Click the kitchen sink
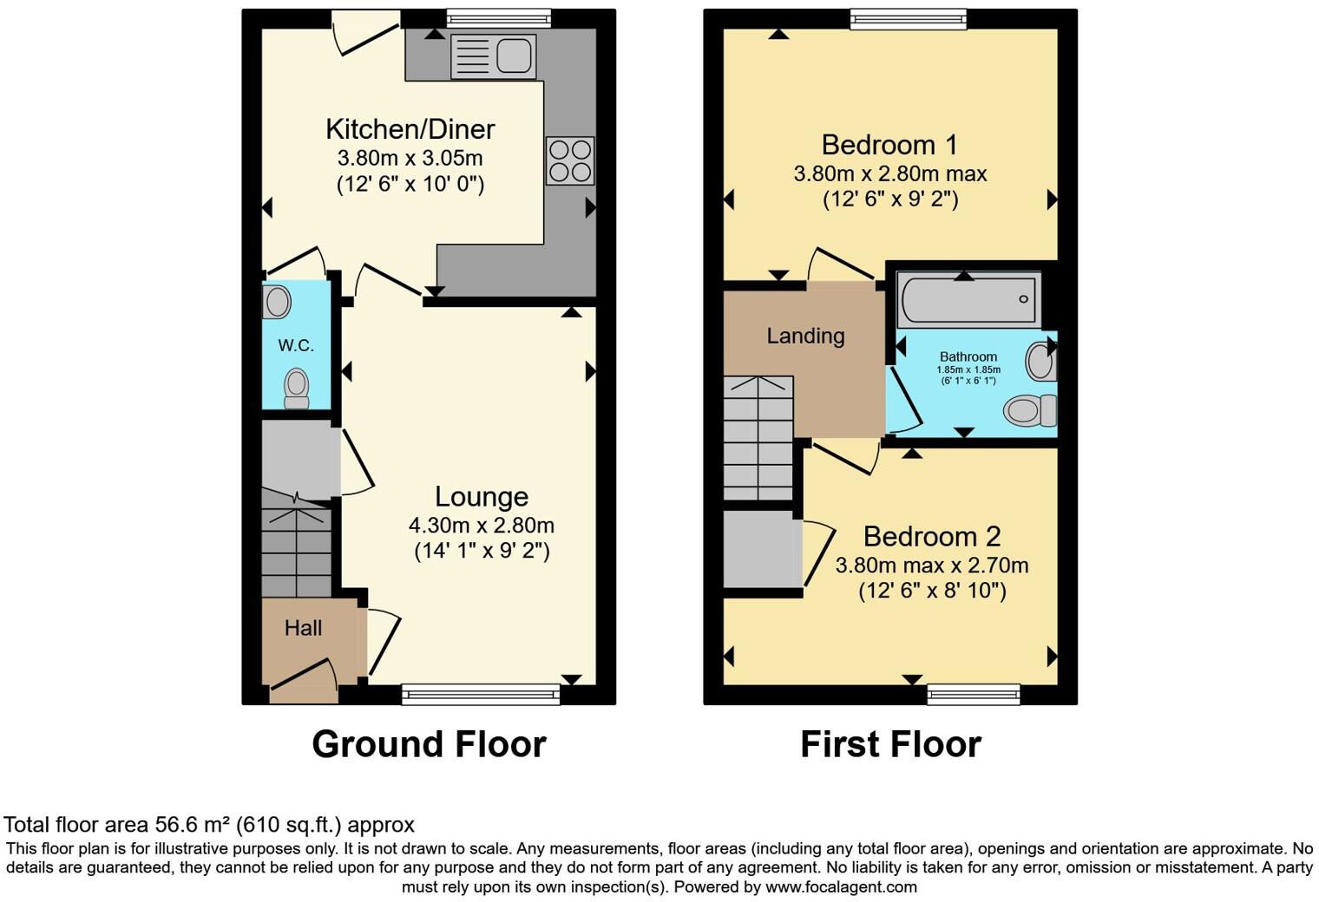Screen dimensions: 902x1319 (493, 56)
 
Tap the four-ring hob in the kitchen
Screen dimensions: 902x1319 (570, 160)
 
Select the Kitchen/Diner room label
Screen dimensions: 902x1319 (410, 129)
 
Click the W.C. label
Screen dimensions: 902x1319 (296, 345)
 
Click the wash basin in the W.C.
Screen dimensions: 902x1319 (277, 302)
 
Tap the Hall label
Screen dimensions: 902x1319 (303, 628)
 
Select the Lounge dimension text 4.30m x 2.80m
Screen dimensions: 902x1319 (481, 525)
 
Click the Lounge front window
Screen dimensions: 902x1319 (481, 692)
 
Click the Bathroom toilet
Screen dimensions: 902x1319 (1030, 409)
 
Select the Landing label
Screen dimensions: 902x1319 (805, 336)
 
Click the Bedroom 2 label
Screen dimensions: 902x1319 (931, 537)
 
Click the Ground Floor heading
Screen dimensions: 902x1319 (429, 744)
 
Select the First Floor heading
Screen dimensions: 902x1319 (890, 744)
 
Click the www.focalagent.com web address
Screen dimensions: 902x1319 (841, 887)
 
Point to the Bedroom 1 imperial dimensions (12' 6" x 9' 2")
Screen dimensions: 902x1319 (890, 199)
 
